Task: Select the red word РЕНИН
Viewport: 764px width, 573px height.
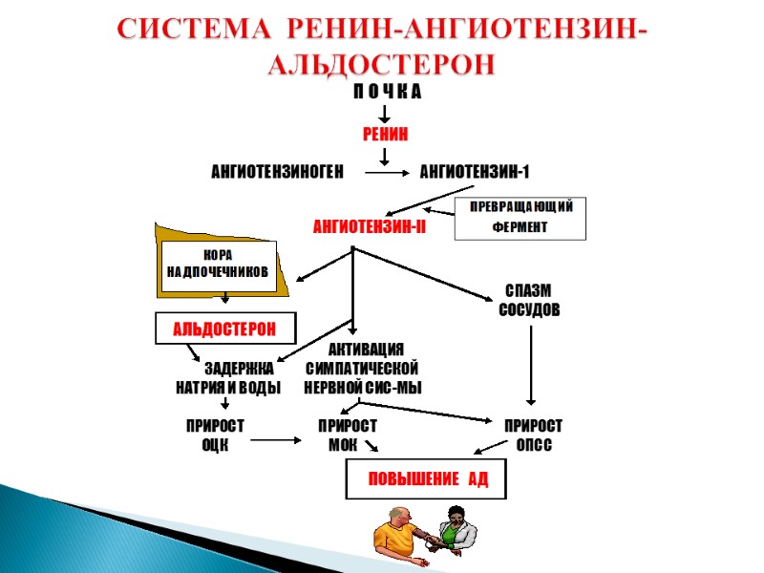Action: (x=386, y=135)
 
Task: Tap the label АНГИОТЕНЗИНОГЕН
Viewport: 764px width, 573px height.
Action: (x=276, y=173)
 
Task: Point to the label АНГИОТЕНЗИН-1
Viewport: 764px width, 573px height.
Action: (x=475, y=173)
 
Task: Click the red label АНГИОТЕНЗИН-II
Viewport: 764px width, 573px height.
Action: (x=370, y=227)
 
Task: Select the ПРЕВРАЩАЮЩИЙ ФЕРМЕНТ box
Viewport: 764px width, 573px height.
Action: (x=520, y=218)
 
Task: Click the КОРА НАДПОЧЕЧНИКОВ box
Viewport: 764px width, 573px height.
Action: (x=219, y=265)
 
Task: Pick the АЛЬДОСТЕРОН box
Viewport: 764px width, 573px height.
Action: (x=225, y=329)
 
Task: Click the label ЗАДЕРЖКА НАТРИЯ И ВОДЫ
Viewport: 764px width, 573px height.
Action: (x=228, y=378)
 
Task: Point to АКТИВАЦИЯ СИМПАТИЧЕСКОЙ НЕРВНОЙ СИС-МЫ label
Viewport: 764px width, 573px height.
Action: (x=362, y=369)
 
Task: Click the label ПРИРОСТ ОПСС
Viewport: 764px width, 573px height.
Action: (x=533, y=435)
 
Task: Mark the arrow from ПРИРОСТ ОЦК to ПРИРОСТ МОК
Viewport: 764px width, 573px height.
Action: (x=274, y=440)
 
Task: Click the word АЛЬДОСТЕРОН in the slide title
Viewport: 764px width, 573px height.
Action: (x=381, y=64)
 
